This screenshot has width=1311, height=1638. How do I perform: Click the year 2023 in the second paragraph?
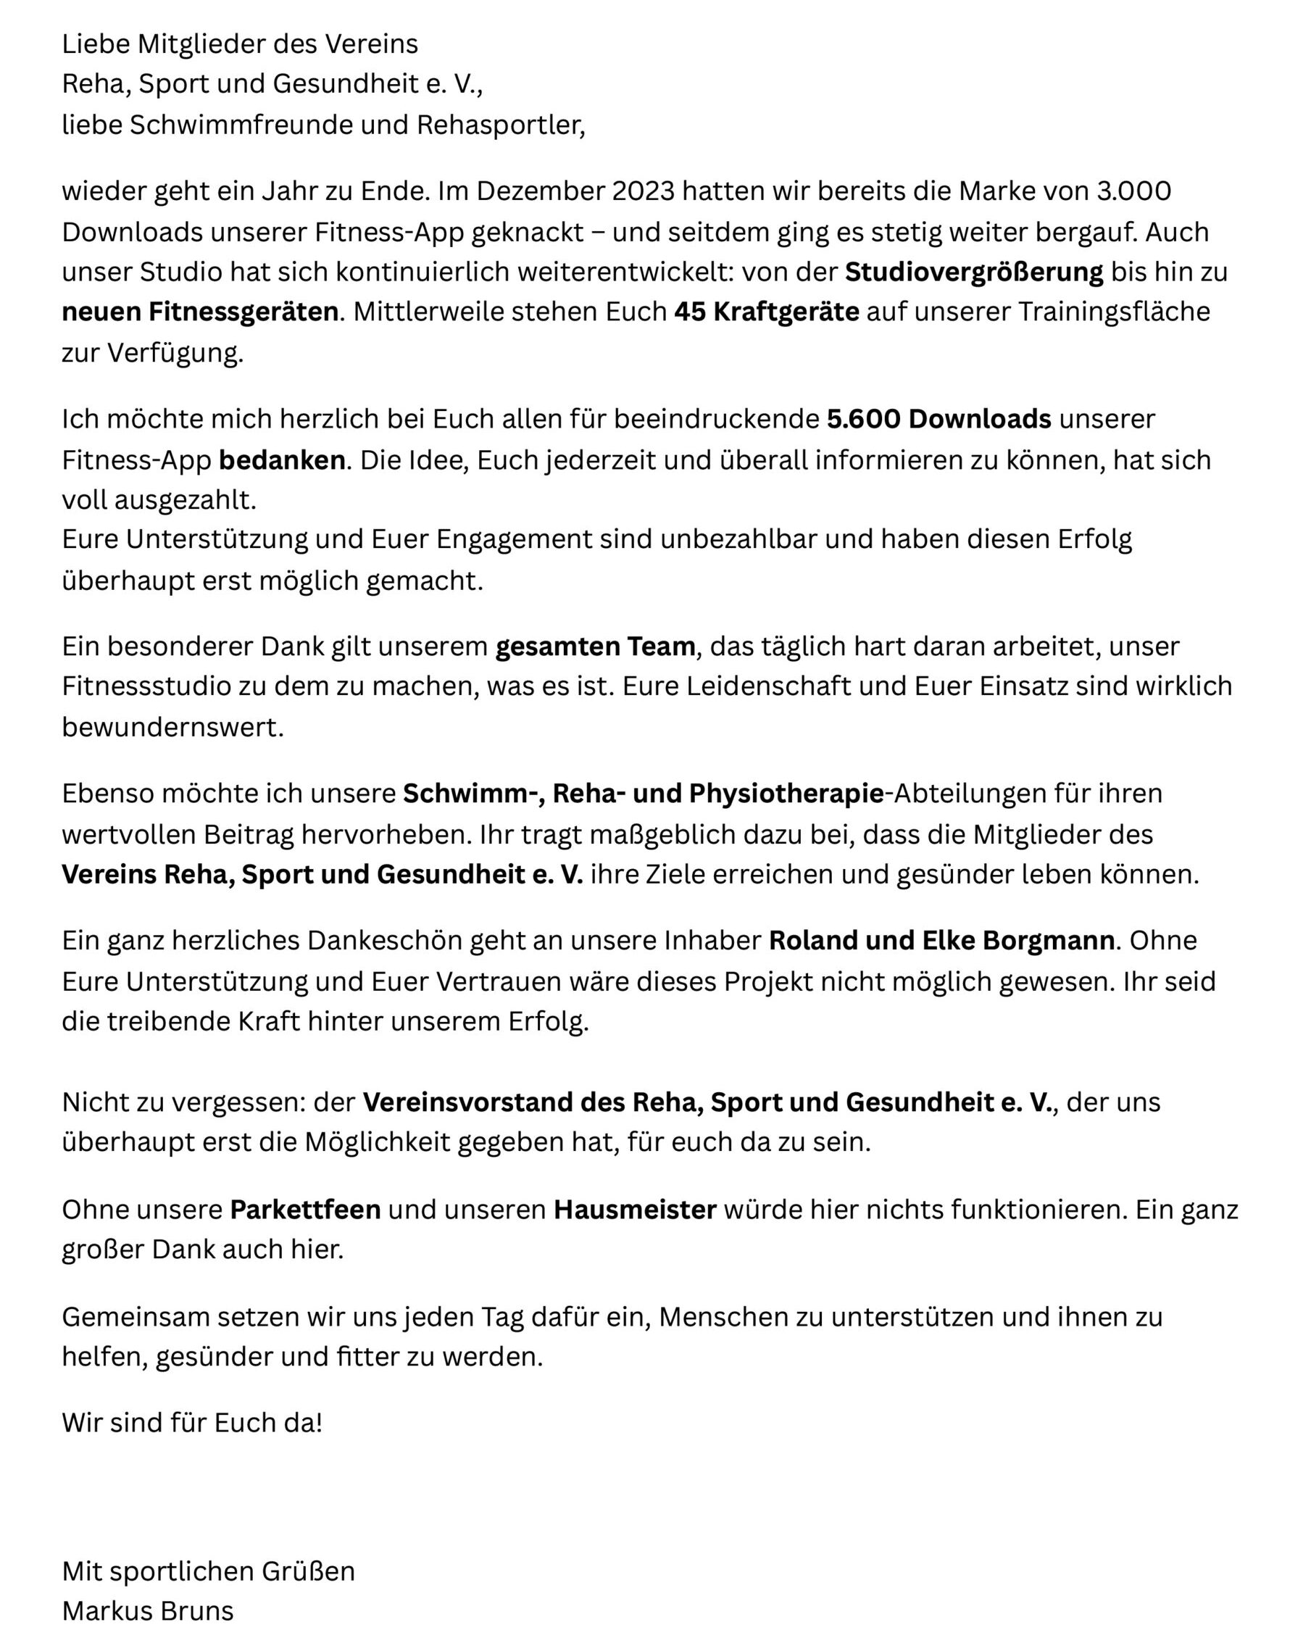(x=643, y=191)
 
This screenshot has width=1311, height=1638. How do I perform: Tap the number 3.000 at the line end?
(x=1133, y=191)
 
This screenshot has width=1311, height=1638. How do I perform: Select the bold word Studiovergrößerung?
(x=974, y=272)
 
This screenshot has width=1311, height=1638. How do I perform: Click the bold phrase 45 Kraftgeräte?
(x=767, y=312)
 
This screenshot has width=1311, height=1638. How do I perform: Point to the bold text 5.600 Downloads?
(x=938, y=419)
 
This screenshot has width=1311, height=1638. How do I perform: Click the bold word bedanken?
(x=282, y=460)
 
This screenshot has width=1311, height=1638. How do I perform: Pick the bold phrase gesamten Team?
(x=595, y=646)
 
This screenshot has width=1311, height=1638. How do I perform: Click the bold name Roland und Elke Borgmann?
(x=941, y=941)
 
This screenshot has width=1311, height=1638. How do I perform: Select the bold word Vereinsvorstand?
(x=468, y=1102)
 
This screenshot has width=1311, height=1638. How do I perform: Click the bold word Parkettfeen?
(x=305, y=1210)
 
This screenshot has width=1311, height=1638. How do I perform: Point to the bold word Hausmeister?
(x=635, y=1210)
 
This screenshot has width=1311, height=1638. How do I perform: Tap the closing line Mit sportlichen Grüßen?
(x=208, y=1571)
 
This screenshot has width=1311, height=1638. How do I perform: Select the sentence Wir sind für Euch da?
(x=192, y=1423)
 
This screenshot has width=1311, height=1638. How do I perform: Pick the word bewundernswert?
(x=172, y=727)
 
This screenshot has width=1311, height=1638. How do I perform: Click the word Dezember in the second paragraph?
(x=540, y=191)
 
